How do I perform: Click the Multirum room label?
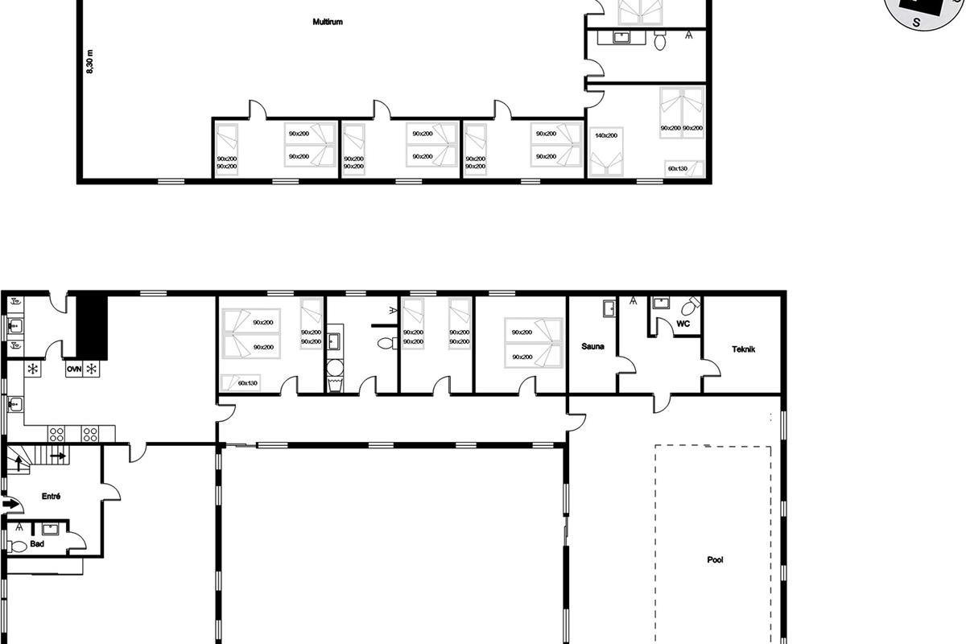pos(328,22)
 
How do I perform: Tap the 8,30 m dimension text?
pos(89,62)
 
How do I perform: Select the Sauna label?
pos(592,346)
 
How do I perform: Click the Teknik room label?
pos(743,349)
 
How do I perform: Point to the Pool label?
pos(715,560)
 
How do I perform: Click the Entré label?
pos(51,497)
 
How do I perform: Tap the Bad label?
pos(37,544)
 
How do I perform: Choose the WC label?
pos(683,324)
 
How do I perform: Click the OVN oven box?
pos(74,369)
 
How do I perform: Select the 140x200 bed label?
pos(606,135)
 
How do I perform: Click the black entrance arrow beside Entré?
pos(9,503)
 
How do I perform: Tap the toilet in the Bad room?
pos(17,547)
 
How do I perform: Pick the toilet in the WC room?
pos(691,306)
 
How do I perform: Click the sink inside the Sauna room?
pos(609,309)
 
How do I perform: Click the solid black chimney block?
pos(92,328)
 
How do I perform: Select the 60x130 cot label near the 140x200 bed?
pos(678,169)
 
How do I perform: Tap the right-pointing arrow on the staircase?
pos(58,456)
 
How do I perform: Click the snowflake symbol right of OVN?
pos(91,369)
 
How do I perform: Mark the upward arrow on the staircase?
pos(19,463)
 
